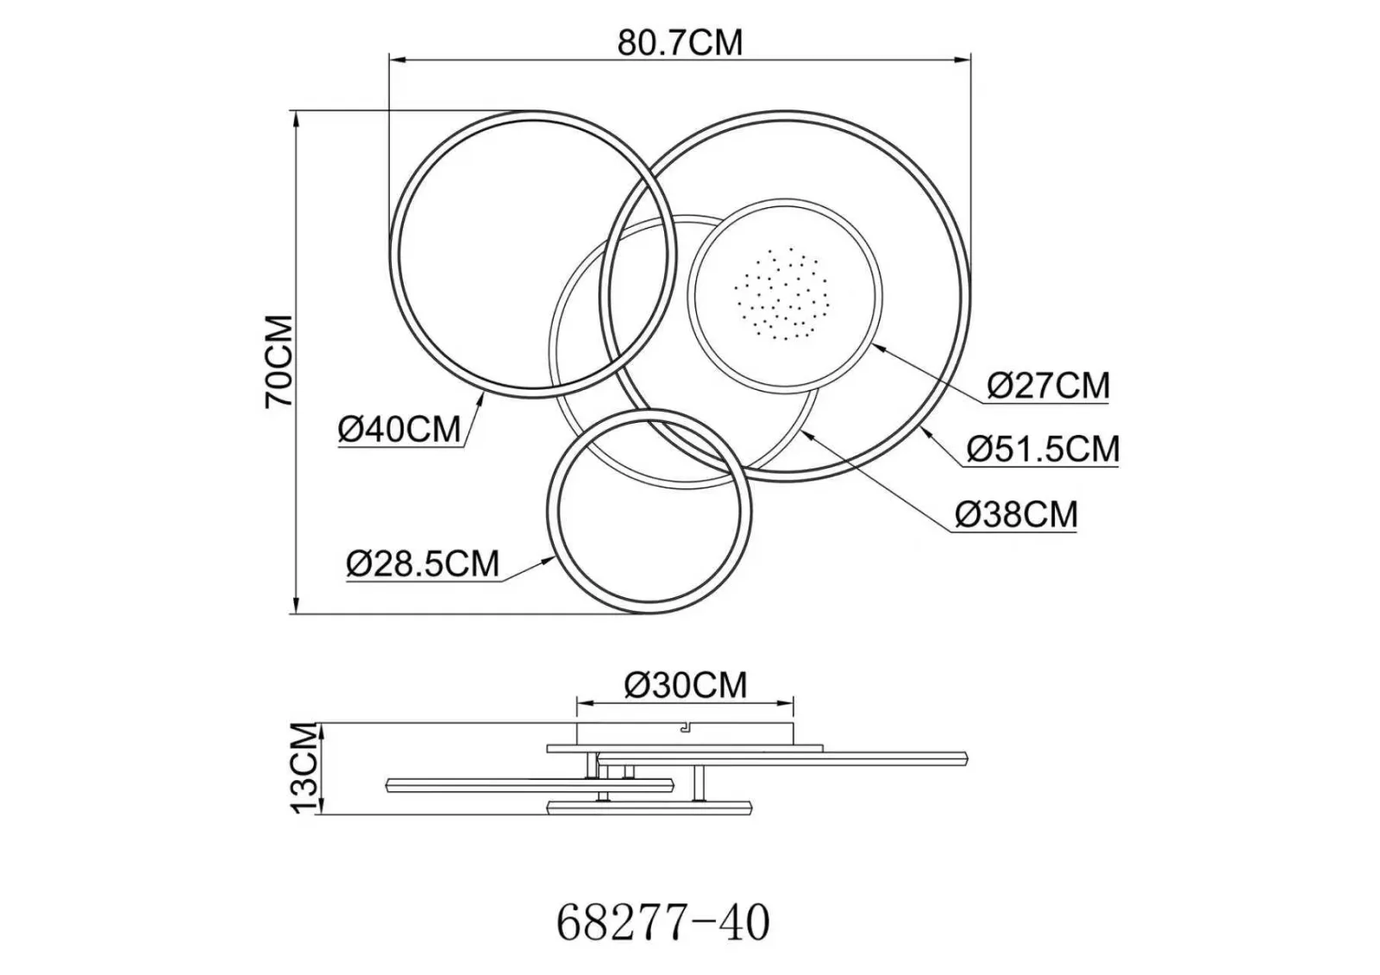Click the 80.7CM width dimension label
tap(681, 42)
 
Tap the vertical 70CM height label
tap(279, 362)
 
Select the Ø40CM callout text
tap(399, 429)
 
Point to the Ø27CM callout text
tap(1048, 386)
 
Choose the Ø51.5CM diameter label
tap(1043, 449)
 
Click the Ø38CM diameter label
tap(1017, 514)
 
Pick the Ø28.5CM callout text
tap(423, 564)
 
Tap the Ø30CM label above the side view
tap(686, 685)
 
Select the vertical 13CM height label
tap(306, 768)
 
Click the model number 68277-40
tap(663, 923)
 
